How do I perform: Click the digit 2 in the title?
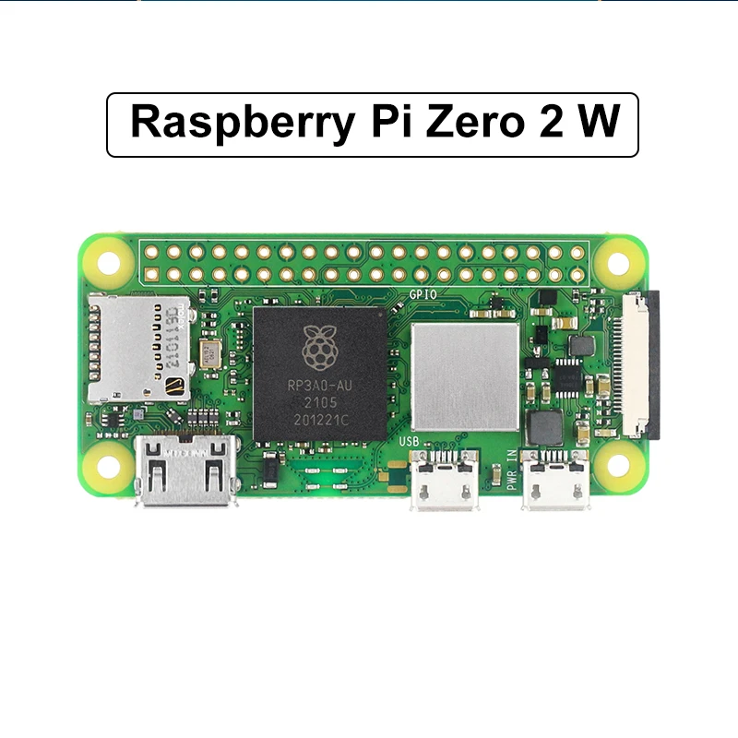[543, 124]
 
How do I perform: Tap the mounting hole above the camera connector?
[618, 263]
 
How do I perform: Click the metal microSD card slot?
[138, 349]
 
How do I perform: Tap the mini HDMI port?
[184, 470]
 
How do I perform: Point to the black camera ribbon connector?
[643, 363]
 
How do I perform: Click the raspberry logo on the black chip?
[320, 347]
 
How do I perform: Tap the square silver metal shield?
[465, 376]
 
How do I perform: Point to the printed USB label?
[410, 442]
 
